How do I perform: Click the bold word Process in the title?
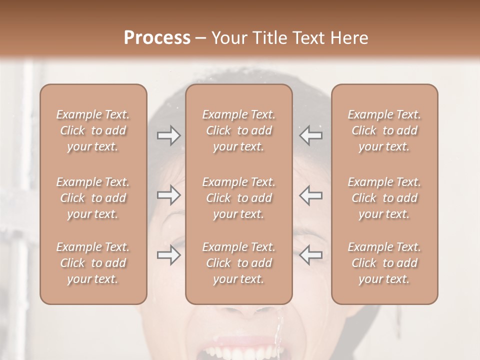[157, 38]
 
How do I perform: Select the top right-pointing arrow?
[168, 135]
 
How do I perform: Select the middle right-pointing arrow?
[168, 195]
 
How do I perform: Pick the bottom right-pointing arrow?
[168, 255]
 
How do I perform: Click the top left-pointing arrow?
[311, 135]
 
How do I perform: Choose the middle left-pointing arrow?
[311, 195]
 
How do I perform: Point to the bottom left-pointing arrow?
[311, 255]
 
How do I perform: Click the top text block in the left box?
[93, 130]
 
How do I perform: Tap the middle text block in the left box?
[93, 198]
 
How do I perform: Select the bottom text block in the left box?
[93, 263]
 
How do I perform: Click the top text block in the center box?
[238, 130]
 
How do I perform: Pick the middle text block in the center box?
[238, 198]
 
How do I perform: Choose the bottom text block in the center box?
[238, 263]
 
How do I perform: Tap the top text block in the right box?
[384, 130]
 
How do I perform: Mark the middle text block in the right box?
[384, 198]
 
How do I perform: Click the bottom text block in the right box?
[384, 263]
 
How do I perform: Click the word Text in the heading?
[310, 38]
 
